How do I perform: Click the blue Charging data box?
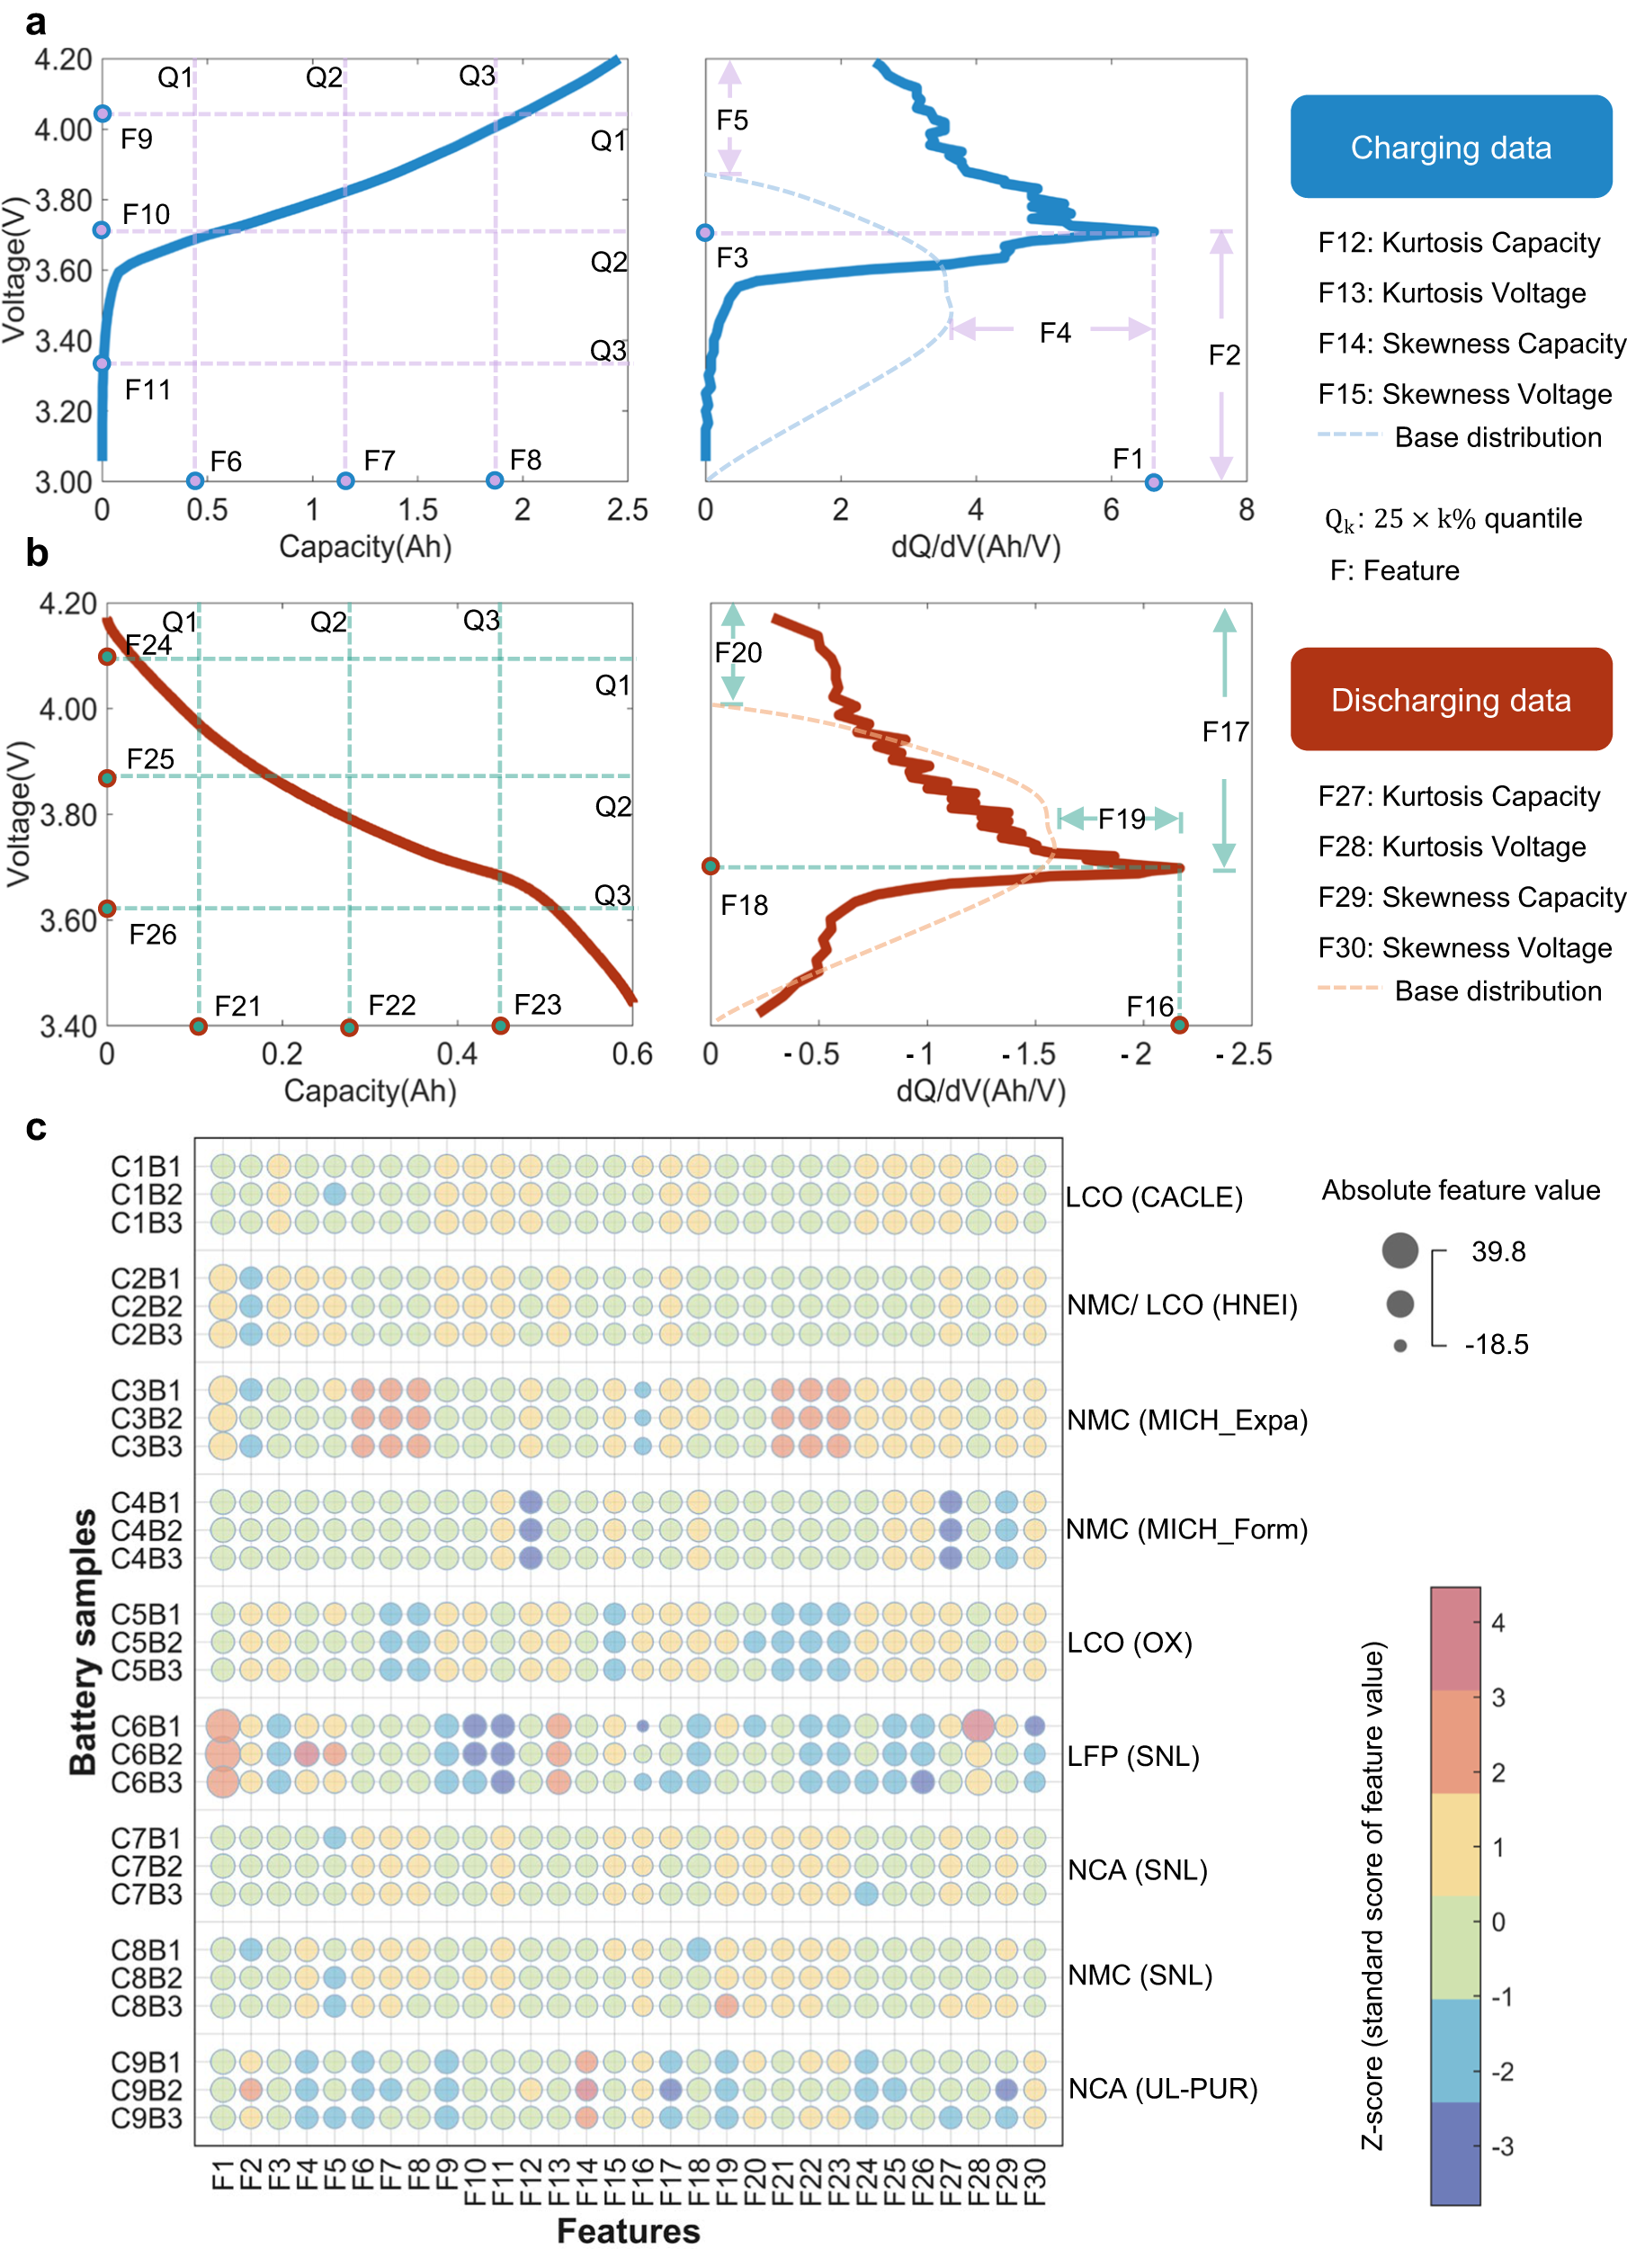(1450, 147)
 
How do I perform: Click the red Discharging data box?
(1450, 699)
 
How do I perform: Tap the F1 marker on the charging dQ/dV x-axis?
(1152, 482)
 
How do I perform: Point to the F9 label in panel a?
(136, 139)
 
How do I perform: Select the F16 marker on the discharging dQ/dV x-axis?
(1178, 1025)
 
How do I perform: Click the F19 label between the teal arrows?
(1121, 818)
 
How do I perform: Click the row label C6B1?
(146, 1726)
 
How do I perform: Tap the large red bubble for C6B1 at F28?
(978, 1725)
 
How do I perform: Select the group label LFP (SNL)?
(1132, 1756)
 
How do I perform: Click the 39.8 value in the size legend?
(1497, 1251)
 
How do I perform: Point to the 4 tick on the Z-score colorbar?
(1497, 1623)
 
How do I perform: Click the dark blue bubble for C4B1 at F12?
(530, 1501)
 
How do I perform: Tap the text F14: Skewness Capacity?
(1471, 343)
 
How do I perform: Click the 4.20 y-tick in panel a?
(64, 59)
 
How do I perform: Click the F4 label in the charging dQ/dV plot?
(1054, 332)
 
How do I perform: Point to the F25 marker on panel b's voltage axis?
(107, 777)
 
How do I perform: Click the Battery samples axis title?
(84, 1641)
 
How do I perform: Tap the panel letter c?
(36, 1126)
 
